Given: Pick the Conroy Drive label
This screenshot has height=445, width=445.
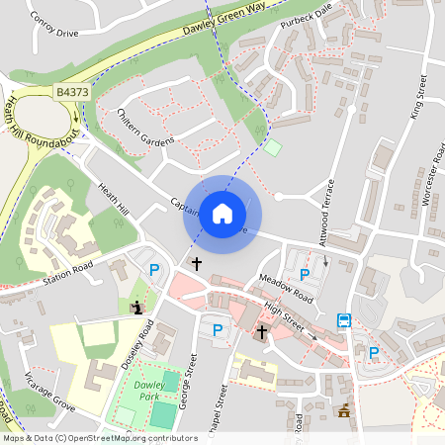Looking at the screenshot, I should [54, 24].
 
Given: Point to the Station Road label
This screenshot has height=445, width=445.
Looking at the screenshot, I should [67, 275].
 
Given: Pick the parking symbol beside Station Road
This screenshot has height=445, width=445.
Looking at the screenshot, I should [153, 270].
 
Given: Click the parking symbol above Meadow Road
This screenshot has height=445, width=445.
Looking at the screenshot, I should [304, 274].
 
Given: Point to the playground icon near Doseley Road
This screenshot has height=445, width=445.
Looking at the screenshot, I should [135, 307].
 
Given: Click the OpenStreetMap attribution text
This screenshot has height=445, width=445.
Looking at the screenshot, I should [99, 437].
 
